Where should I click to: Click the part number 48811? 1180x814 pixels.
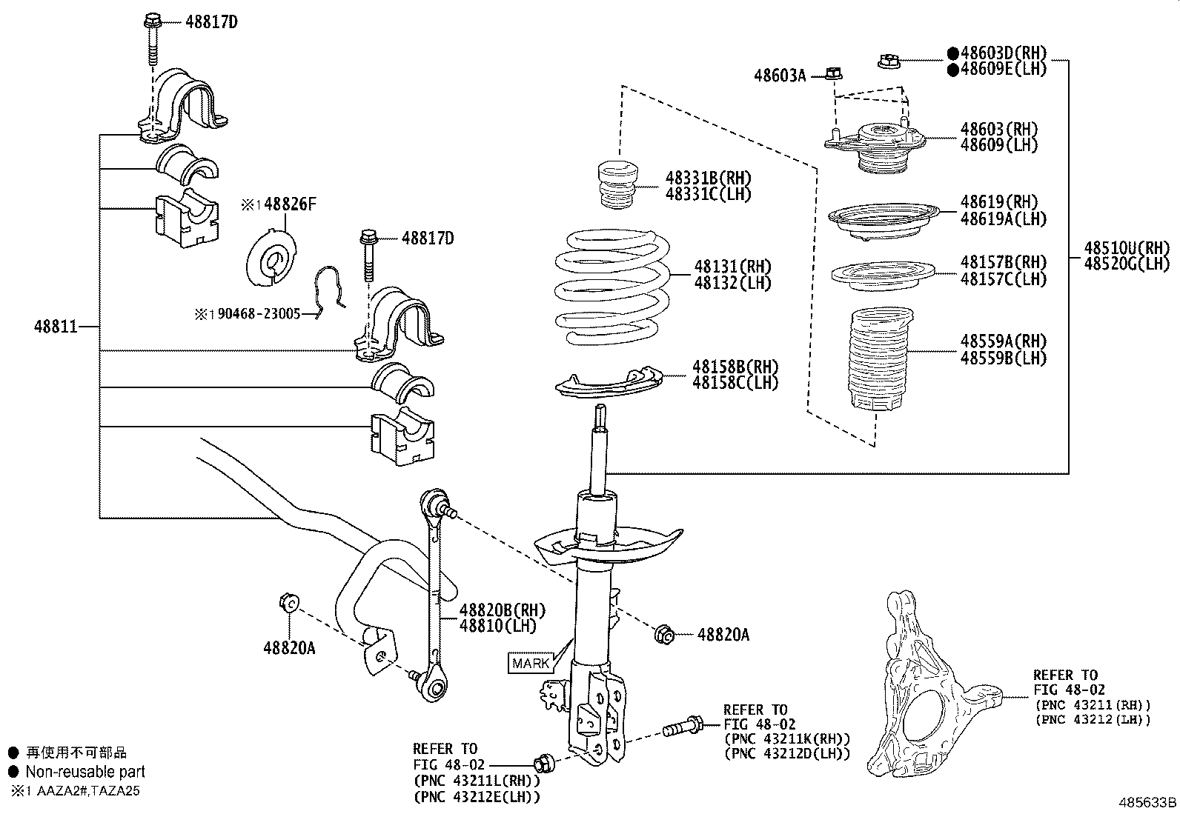56,326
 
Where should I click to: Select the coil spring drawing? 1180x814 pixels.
612,288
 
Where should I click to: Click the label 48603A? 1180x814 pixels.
780,75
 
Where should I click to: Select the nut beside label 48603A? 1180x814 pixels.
834,74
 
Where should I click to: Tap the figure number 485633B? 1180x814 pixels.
1147,802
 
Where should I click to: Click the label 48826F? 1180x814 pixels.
288,204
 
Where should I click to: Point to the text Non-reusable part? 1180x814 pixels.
85,771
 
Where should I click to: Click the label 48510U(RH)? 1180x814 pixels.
1125,247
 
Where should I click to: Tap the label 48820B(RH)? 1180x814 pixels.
502,610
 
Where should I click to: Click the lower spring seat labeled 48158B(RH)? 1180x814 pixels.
606,383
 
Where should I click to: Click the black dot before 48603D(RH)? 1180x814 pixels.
952,53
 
